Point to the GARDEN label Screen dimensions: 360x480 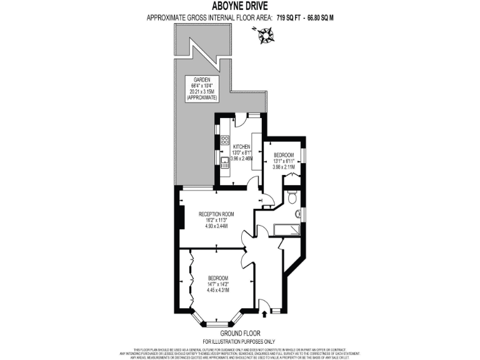coord(201,80)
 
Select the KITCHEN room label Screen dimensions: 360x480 coord(241,146)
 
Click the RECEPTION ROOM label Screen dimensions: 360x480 coord(212,214)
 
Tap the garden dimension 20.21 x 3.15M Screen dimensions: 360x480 coord(201,92)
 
